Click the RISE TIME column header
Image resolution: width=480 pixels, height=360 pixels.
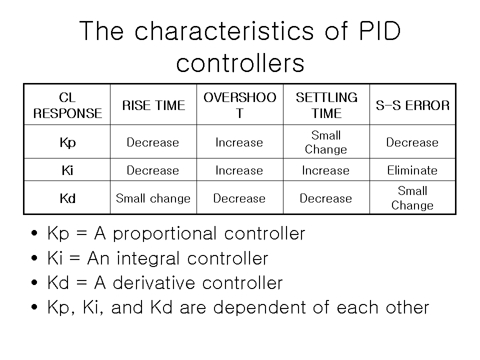tap(153, 105)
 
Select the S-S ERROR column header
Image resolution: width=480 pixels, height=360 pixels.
tap(412, 105)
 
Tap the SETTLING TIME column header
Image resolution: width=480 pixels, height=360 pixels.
tap(326, 105)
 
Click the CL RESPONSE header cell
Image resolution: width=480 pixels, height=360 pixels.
tap(67, 105)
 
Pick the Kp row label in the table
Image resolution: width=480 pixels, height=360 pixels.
tap(67, 143)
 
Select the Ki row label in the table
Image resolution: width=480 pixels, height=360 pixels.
tap(67, 170)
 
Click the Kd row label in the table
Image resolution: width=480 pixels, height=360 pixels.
tap(67, 198)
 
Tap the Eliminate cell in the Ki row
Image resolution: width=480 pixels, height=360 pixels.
tap(412, 170)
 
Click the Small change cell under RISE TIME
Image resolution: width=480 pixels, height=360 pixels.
tap(153, 198)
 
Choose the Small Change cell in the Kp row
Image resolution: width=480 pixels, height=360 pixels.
tap(326, 142)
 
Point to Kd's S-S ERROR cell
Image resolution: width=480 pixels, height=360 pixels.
tap(412, 198)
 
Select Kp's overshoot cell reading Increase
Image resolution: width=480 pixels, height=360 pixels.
tap(239, 142)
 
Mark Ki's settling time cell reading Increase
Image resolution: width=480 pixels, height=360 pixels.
tap(325, 170)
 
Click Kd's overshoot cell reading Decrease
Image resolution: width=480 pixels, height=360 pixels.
tap(239, 198)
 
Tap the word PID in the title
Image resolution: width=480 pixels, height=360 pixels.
tap(379, 31)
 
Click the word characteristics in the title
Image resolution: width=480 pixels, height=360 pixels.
tap(224, 30)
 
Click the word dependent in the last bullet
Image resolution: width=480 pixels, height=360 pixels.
tap(259, 308)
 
